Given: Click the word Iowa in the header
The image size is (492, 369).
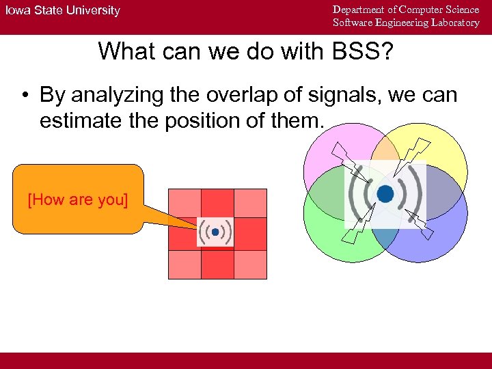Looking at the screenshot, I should pos(18,10).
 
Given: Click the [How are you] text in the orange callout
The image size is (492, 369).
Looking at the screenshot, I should pos(77,200).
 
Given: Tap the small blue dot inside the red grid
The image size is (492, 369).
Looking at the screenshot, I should pos(215,233).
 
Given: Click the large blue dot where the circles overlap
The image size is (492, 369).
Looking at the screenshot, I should pos(385,194).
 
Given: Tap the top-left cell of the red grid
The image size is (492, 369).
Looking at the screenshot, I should pos(184,204).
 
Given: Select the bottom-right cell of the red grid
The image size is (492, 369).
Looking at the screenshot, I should pos(250,264).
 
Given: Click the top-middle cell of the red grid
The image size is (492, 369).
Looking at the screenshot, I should pos(217,203).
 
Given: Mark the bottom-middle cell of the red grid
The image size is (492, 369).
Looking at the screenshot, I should pos(217,264).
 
